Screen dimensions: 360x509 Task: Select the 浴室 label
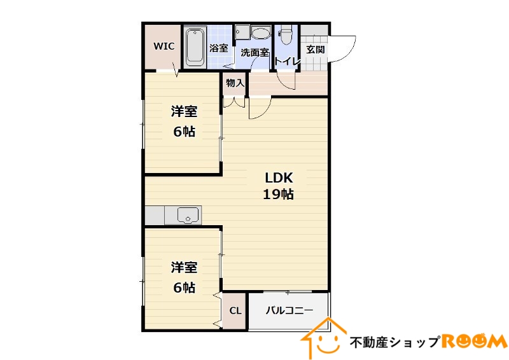(219, 48)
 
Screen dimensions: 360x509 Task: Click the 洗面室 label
(254, 53)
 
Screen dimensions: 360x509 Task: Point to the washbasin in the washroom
(260, 33)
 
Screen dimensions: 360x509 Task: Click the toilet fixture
(286, 35)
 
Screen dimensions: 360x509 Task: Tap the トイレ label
(287, 61)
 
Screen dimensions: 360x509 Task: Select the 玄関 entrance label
(316, 49)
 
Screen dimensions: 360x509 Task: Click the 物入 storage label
(235, 83)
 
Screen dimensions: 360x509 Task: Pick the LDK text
(278, 178)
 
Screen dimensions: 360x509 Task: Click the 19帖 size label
(278, 195)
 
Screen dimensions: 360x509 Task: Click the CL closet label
(235, 311)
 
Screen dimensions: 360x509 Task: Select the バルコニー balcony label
(289, 310)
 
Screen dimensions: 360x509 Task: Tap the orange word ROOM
(473, 342)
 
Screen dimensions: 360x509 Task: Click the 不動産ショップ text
(394, 342)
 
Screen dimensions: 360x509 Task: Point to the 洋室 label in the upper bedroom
(183, 112)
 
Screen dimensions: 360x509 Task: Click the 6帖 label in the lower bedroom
(184, 287)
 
